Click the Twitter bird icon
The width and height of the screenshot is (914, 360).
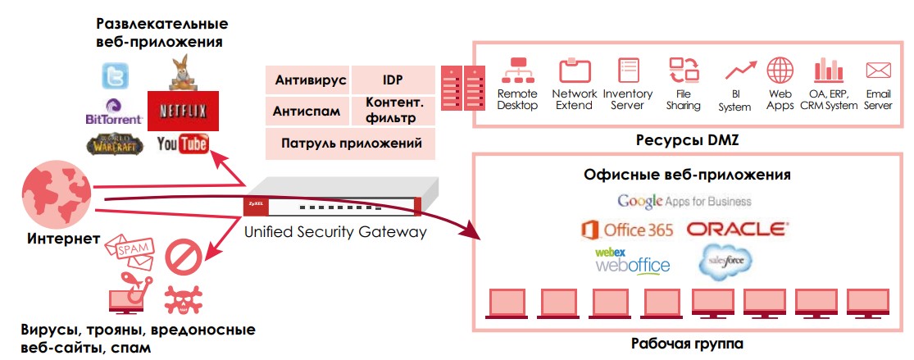114,77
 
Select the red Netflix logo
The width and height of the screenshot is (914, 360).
183,111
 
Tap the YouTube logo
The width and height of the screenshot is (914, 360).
182,144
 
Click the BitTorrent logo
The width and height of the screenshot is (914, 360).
114,112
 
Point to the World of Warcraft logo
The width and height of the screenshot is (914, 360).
114,144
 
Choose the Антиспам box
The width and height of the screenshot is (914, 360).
307,111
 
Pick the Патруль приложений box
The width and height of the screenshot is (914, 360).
351,144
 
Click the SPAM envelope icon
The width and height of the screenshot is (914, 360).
130,249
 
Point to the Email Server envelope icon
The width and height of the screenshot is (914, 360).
878,70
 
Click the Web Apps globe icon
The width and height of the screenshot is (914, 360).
780,70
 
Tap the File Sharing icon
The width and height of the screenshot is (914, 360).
682,70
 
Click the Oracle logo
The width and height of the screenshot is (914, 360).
737,228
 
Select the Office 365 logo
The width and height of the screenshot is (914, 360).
627,229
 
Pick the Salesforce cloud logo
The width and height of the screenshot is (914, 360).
725,261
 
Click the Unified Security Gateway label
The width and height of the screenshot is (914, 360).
335,231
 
